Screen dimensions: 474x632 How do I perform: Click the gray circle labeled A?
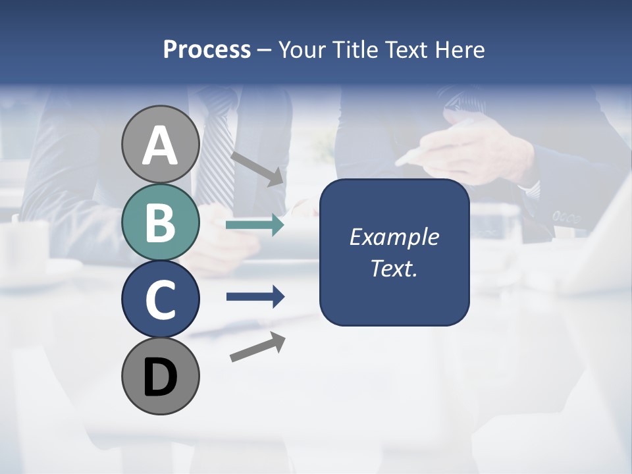tap(161, 145)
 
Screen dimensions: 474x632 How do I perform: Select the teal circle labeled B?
tap(161, 223)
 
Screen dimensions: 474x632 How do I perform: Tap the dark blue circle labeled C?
tap(161, 300)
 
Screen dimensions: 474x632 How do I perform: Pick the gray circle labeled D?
tap(161, 377)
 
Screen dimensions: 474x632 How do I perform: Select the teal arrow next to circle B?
tap(255, 225)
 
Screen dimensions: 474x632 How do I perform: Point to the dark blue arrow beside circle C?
tap(255, 297)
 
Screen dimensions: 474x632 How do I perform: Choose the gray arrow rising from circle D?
tap(257, 346)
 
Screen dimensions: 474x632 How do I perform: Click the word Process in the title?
tap(207, 50)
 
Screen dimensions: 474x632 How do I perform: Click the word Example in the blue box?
tap(394, 237)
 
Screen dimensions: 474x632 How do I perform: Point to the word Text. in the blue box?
tap(394, 268)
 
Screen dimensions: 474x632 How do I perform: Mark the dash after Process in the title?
tap(264, 50)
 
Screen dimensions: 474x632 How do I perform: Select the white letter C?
tap(161, 300)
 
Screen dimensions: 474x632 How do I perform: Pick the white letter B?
tap(161, 223)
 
